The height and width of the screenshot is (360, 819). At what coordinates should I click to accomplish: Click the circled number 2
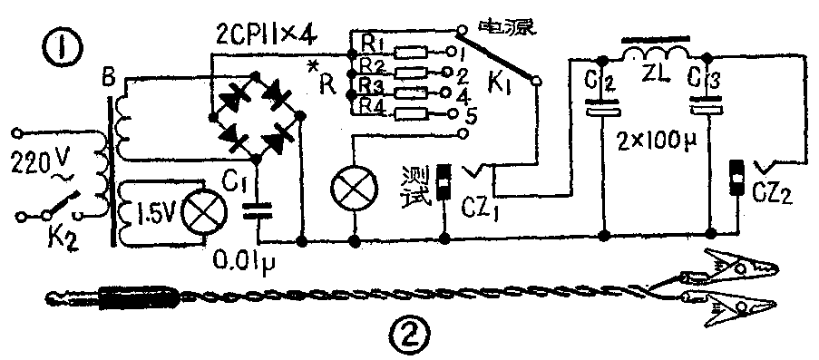coord(405,340)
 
